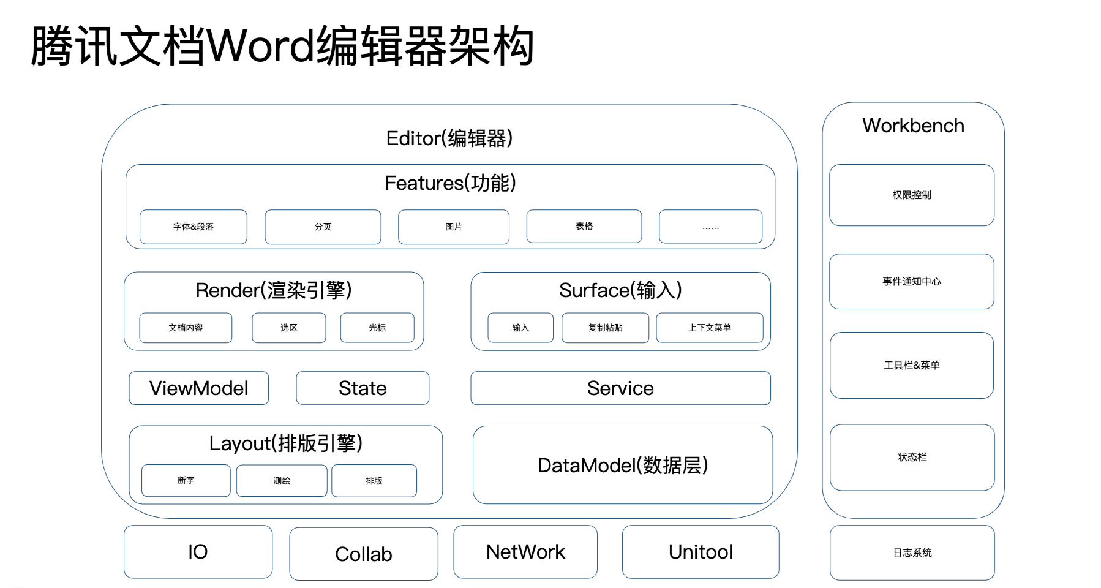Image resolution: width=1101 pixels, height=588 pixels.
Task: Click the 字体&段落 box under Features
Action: (x=193, y=227)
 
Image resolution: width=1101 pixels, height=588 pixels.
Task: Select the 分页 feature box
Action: (x=323, y=227)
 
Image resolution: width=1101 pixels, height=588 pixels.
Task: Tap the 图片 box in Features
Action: (x=453, y=227)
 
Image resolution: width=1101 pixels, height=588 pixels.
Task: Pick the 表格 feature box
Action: (x=584, y=226)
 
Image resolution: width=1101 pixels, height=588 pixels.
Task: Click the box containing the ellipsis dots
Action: (x=710, y=227)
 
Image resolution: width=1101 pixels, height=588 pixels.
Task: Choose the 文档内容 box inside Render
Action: (x=186, y=328)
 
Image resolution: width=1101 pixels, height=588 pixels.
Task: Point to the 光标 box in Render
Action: (x=377, y=328)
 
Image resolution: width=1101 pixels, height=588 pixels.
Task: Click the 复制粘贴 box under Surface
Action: (x=605, y=328)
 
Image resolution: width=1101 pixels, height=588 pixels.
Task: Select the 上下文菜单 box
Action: (x=709, y=328)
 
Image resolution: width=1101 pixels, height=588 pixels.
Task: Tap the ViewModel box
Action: (x=198, y=388)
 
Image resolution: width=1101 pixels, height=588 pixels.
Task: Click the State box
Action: (x=363, y=388)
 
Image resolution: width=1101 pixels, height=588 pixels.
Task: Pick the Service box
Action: (x=620, y=388)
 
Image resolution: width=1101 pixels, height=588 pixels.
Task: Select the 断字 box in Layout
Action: (x=186, y=481)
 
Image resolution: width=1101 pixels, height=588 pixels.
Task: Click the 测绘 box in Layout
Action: (x=282, y=481)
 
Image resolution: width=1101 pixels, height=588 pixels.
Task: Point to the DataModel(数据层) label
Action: (x=623, y=466)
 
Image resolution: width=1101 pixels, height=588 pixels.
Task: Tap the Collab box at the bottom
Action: (x=364, y=554)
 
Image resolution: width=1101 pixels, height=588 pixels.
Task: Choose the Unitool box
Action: (x=701, y=552)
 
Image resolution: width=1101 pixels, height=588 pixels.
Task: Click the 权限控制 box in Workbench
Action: (x=911, y=195)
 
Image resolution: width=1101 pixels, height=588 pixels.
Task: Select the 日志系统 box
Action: (x=912, y=552)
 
